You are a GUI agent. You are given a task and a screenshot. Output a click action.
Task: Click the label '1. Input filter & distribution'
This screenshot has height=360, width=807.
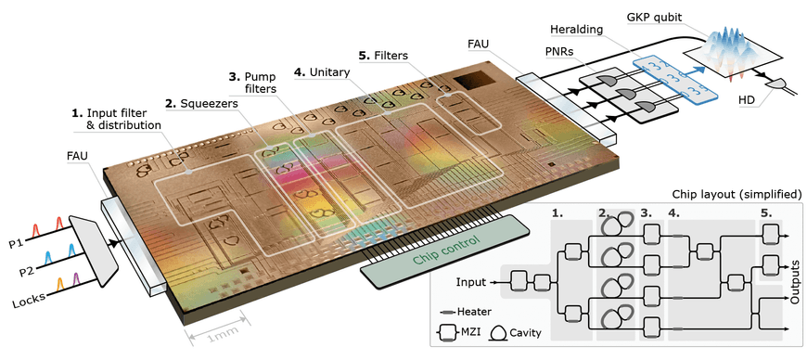click(117, 119)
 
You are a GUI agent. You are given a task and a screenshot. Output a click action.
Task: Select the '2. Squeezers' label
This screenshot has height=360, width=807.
click(201, 104)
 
